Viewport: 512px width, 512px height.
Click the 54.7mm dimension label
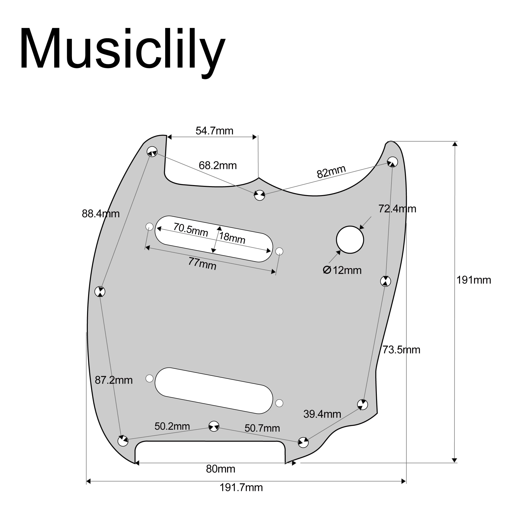(x=214, y=131)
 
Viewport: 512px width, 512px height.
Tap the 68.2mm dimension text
(x=217, y=166)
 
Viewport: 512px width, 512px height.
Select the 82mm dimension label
(x=331, y=172)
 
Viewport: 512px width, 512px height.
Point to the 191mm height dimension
(x=474, y=280)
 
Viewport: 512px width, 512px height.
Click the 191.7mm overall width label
(x=241, y=488)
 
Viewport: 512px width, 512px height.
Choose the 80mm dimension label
(x=220, y=469)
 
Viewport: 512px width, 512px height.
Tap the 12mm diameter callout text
(x=342, y=270)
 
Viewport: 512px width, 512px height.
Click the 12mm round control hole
(x=350, y=240)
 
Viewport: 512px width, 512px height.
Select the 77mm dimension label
(x=202, y=264)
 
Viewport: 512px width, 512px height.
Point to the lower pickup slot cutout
(x=214, y=390)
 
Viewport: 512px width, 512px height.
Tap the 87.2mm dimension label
(x=113, y=380)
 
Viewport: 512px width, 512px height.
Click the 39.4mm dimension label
(x=322, y=414)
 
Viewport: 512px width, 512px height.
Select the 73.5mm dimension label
(x=401, y=350)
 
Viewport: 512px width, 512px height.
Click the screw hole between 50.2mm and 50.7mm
(x=214, y=426)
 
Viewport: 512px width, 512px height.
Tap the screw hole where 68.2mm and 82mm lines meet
(x=259, y=195)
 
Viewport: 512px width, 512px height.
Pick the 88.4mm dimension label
(x=100, y=214)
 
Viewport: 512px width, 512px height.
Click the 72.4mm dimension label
(x=397, y=209)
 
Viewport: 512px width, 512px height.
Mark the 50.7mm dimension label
(x=262, y=428)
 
